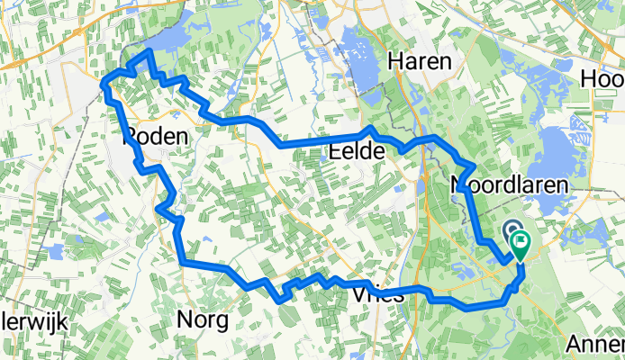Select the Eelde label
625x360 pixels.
click(358, 153)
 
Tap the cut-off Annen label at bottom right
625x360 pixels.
click(597, 344)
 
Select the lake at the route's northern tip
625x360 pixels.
click(168, 40)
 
